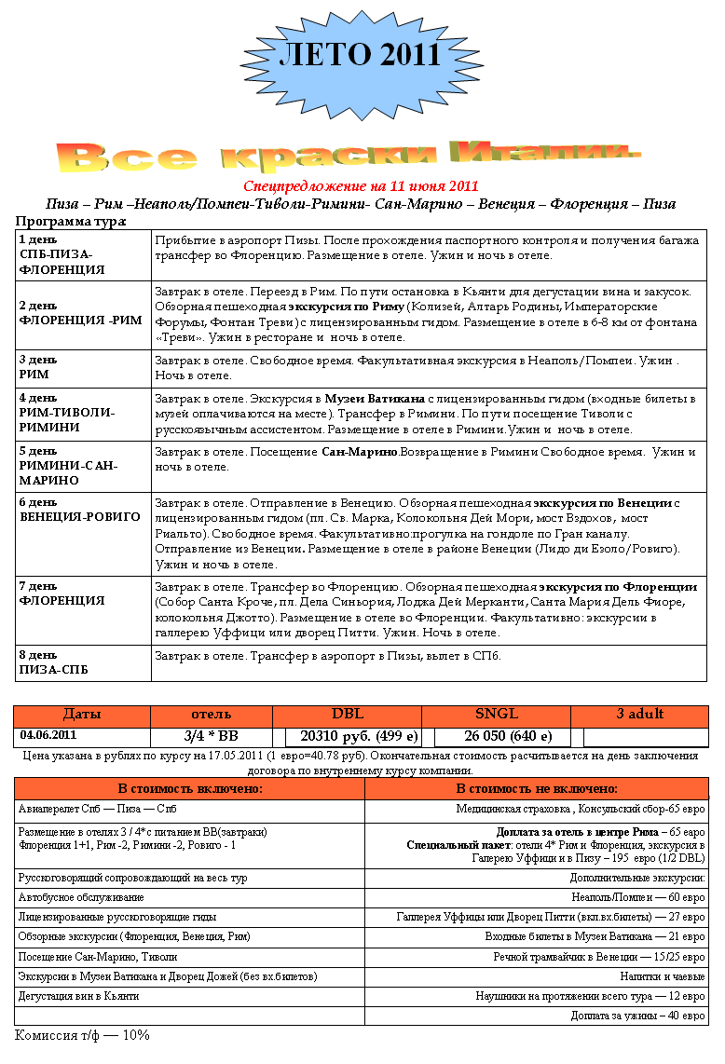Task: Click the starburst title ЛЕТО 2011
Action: click(x=359, y=55)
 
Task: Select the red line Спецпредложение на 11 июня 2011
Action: click(x=361, y=186)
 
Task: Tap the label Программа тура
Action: click(x=71, y=222)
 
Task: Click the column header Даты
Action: click(x=82, y=715)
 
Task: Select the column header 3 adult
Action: click(x=639, y=715)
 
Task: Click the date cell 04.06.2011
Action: click(x=48, y=736)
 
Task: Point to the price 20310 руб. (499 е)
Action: click(x=359, y=736)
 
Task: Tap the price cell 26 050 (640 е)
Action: click(x=495, y=736)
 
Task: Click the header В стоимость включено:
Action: click(x=189, y=788)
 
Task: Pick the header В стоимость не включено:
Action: click(x=538, y=788)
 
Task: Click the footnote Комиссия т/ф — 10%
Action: click(x=82, y=1035)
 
